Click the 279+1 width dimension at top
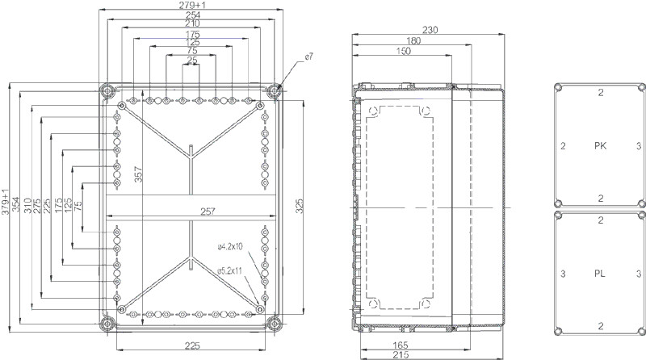(192, 5)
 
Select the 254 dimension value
(192, 15)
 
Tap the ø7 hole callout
(309, 57)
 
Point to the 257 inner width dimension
(208, 211)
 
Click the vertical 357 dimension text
(138, 174)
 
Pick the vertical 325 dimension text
(300, 206)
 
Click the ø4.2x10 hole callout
(230, 247)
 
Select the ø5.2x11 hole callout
(230, 271)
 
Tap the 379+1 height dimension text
(5, 203)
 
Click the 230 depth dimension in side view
(430, 30)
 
